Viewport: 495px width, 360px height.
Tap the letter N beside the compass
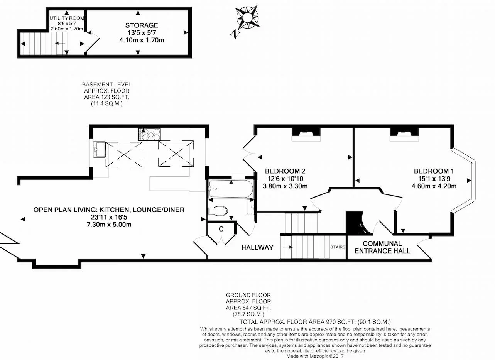click(236, 34)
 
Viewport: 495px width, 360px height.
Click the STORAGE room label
click(142, 25)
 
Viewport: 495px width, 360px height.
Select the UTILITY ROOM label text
click(67, 18)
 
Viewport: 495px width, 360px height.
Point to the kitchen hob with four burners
click(149, 134)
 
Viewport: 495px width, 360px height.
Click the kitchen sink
click(100, 150)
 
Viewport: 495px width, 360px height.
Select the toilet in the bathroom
click(218, 211)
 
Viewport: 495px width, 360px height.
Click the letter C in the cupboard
click(221, 229)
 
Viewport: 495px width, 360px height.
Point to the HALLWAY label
click(257, 247)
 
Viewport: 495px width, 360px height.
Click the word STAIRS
click(338, 247)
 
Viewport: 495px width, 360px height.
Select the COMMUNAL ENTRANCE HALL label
click(382, 247)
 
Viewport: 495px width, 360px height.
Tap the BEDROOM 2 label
click(285, 171)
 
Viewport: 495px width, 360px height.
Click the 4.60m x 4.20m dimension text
click(434, 186)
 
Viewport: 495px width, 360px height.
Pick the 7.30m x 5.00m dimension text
click(109, 225)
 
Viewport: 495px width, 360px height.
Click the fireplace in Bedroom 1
click(404, 134)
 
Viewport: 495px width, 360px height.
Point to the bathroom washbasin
click(251, 206)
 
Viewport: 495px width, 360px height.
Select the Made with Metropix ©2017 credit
click(315, 356)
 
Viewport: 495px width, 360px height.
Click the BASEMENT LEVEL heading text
click(107, 85)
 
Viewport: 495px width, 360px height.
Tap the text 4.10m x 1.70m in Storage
click(142, 40)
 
